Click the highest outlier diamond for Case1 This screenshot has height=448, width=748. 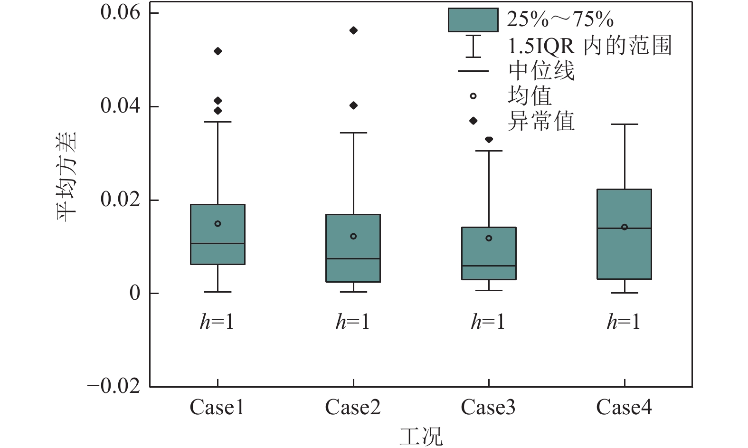pos(218,51)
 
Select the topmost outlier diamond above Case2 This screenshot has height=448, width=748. pos(353,30)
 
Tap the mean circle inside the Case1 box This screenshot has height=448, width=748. pos(218,224)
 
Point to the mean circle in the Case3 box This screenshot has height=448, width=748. pos(489,238)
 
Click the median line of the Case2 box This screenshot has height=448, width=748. pos(353,258)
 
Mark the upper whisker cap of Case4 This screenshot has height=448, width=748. pos(625,124)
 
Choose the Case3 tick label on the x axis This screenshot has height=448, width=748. pos(488,408)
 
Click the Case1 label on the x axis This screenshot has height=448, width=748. pos(217,408)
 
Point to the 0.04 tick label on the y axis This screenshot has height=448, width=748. pos(120,106)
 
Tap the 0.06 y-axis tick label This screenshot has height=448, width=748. pos(120,13)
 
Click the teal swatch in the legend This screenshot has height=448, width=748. pos(473,20)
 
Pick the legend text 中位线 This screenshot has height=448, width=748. pos(541,71)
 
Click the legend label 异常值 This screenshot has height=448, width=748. pos(541,121)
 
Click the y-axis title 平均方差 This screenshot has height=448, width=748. pos(67,177)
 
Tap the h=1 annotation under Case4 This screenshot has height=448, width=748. pos(624,322)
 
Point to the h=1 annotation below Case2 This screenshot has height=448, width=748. pos(352,322)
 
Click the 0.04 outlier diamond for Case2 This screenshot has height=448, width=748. pos(353,105)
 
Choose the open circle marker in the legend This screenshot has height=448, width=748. pos(473,96)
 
